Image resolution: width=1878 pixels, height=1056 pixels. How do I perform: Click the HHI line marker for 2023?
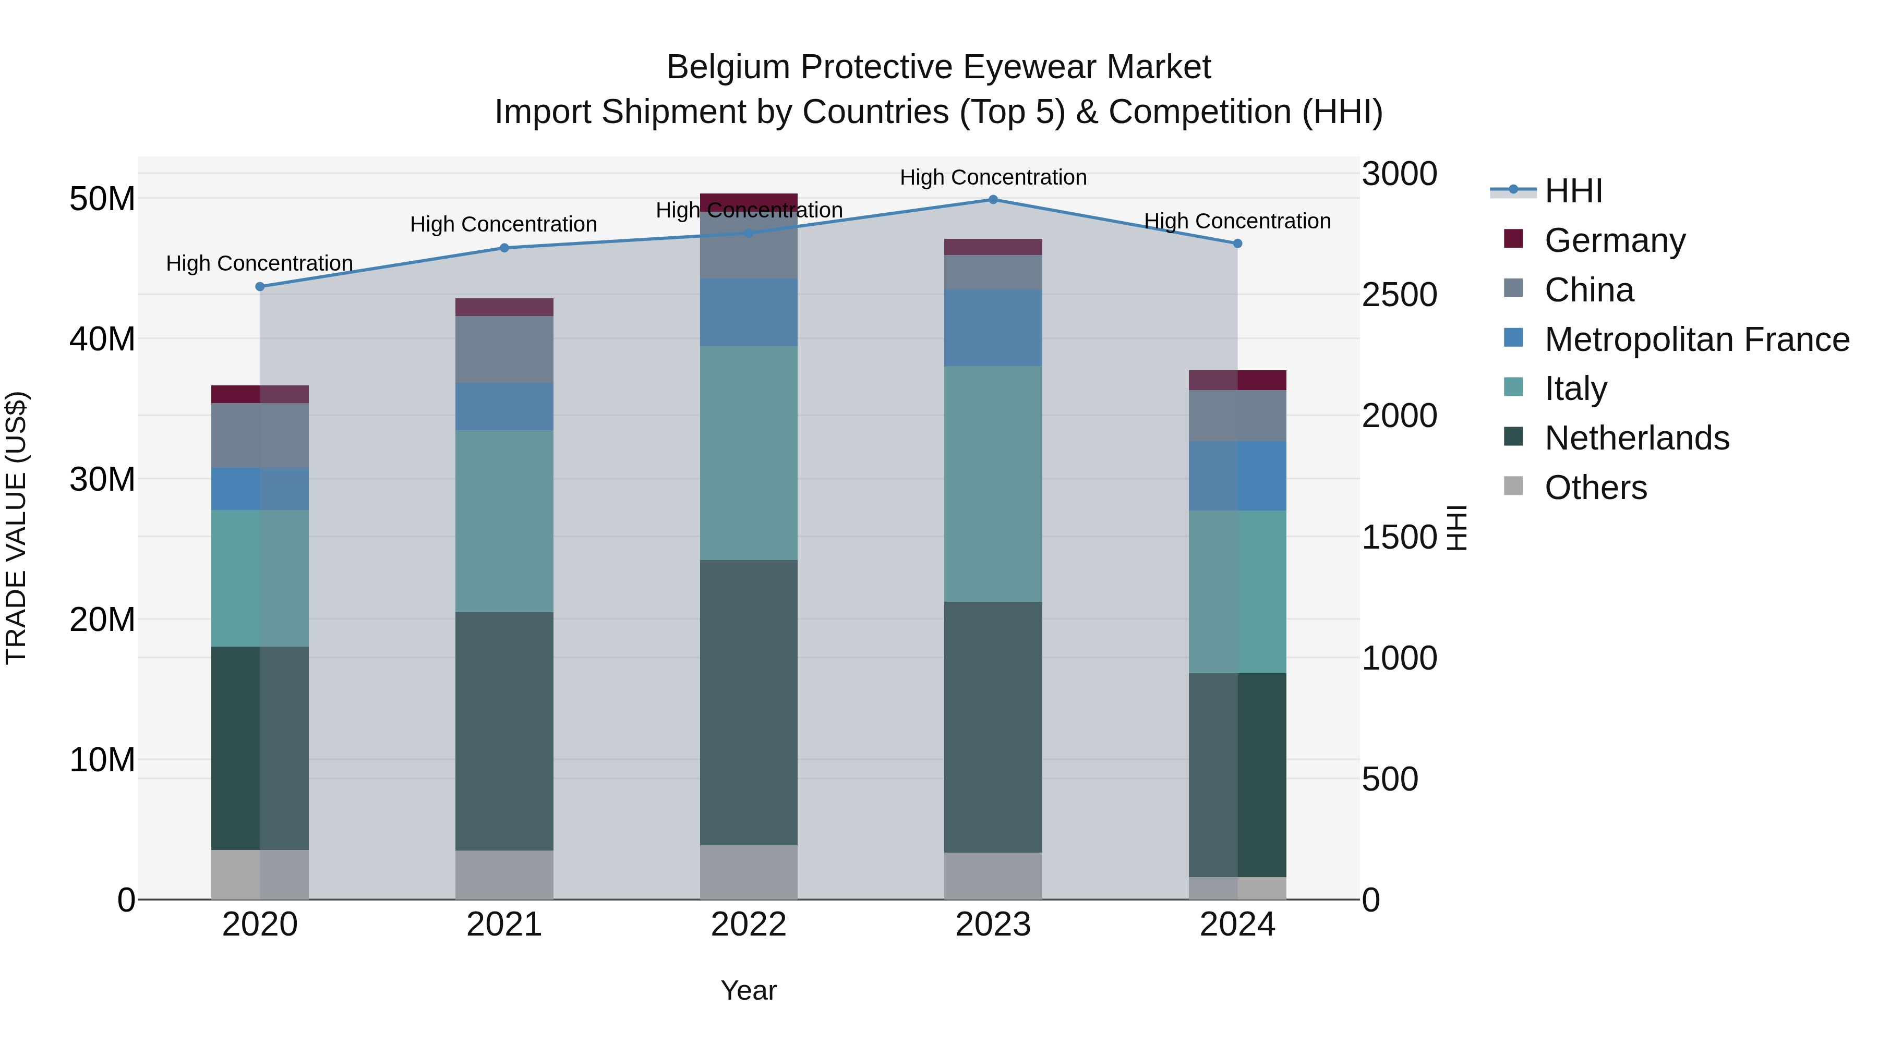coord(993,200)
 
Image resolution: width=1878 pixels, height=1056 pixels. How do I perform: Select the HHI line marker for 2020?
coord(260,286)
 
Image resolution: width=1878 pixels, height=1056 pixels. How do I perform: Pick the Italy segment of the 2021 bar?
coord(504,521)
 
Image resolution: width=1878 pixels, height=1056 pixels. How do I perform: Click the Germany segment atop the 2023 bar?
coord(993,247)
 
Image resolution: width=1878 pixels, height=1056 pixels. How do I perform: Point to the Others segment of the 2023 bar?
coord(993,876)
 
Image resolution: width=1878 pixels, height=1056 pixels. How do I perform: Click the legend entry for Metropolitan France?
coord(1696,339)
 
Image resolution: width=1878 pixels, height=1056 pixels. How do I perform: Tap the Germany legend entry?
coord(1614,240)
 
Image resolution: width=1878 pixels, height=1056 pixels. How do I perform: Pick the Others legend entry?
coord(1595,488)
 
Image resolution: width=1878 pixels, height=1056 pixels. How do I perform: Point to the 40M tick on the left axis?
coord(102,339)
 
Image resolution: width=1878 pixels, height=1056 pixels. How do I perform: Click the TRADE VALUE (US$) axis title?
coord(16,528)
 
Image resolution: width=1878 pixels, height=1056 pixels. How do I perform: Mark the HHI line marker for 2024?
coord(1237,244)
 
